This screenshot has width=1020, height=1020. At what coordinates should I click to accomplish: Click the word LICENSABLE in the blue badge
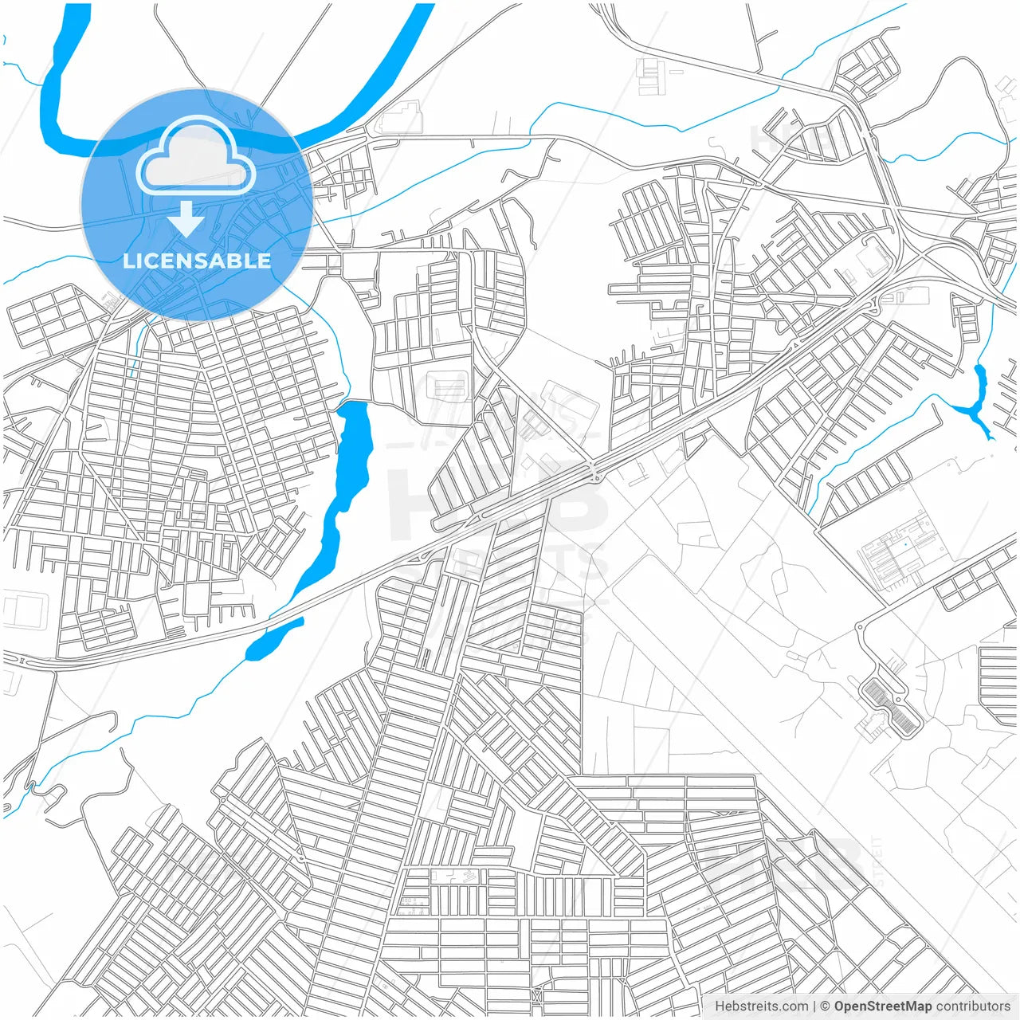point(197,261)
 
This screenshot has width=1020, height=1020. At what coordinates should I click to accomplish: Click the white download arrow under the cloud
point(186,219)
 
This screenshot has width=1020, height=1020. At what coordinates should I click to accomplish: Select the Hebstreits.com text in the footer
point(761,1006)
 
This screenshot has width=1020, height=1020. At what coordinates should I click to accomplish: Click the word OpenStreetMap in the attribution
point(882,1006)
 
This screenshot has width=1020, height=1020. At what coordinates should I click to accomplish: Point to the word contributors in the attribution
point(972,1006)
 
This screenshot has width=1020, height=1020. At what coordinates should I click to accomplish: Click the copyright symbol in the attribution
point(826,1006)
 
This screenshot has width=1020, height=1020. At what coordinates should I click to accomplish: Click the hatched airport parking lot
point(892,706)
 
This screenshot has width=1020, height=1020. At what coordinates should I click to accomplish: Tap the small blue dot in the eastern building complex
point(905,543)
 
